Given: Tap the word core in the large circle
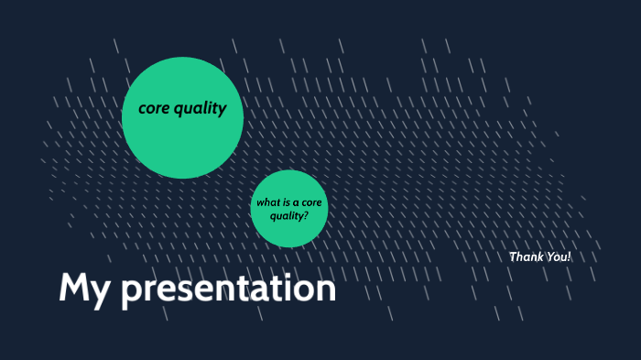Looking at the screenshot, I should [155, 108].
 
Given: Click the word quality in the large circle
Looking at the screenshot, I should [201, 108].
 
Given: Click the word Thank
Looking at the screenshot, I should [526, 256].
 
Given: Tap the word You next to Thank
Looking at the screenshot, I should [557, 256].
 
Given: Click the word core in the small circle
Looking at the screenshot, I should [311, 202].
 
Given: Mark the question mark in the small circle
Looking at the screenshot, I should [306, 215].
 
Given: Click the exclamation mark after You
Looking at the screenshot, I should [569, 256].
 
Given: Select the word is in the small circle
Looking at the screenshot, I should [286, 202].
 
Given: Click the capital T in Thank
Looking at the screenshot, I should [513, 256].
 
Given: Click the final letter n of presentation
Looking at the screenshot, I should [326, 291].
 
